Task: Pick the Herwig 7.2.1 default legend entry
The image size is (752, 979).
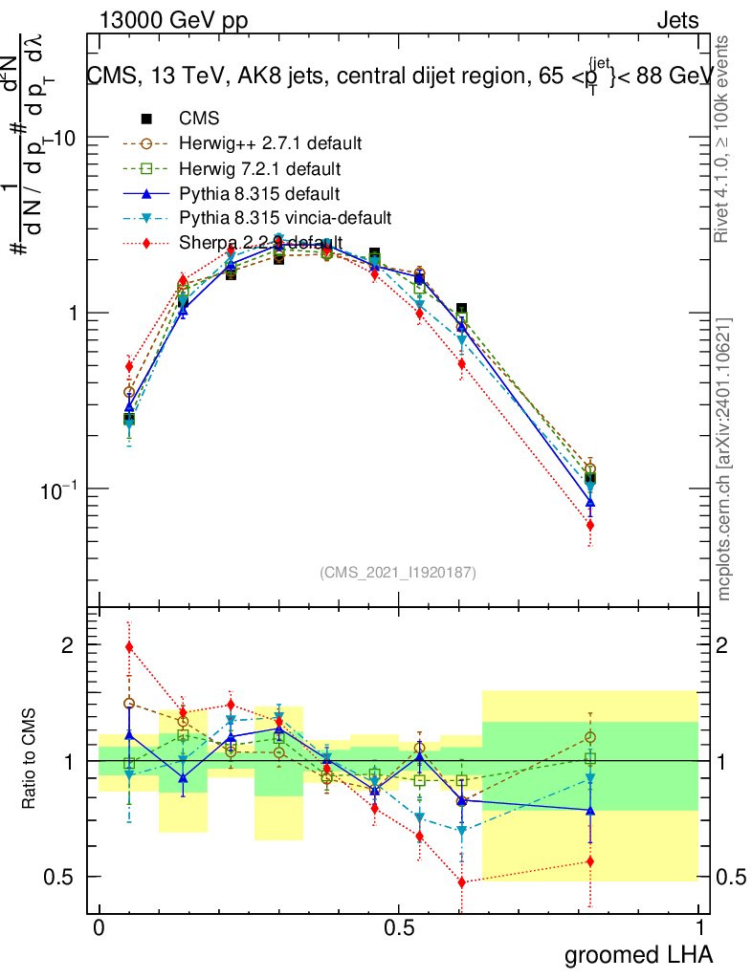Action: click(258, 169)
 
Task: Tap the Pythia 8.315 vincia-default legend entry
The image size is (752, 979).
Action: click(284, 218)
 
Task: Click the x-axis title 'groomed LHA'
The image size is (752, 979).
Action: click(638, 954)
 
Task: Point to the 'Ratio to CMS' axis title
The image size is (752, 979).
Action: click(30, 759)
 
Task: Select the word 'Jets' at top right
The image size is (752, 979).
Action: click(677, 21)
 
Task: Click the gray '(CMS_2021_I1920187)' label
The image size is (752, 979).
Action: click(398, 572)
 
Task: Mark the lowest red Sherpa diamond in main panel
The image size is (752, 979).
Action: click(590, 525)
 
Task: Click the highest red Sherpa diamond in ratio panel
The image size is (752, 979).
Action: click(130, 647)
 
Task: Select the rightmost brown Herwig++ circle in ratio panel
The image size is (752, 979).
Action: click(590, 737)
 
